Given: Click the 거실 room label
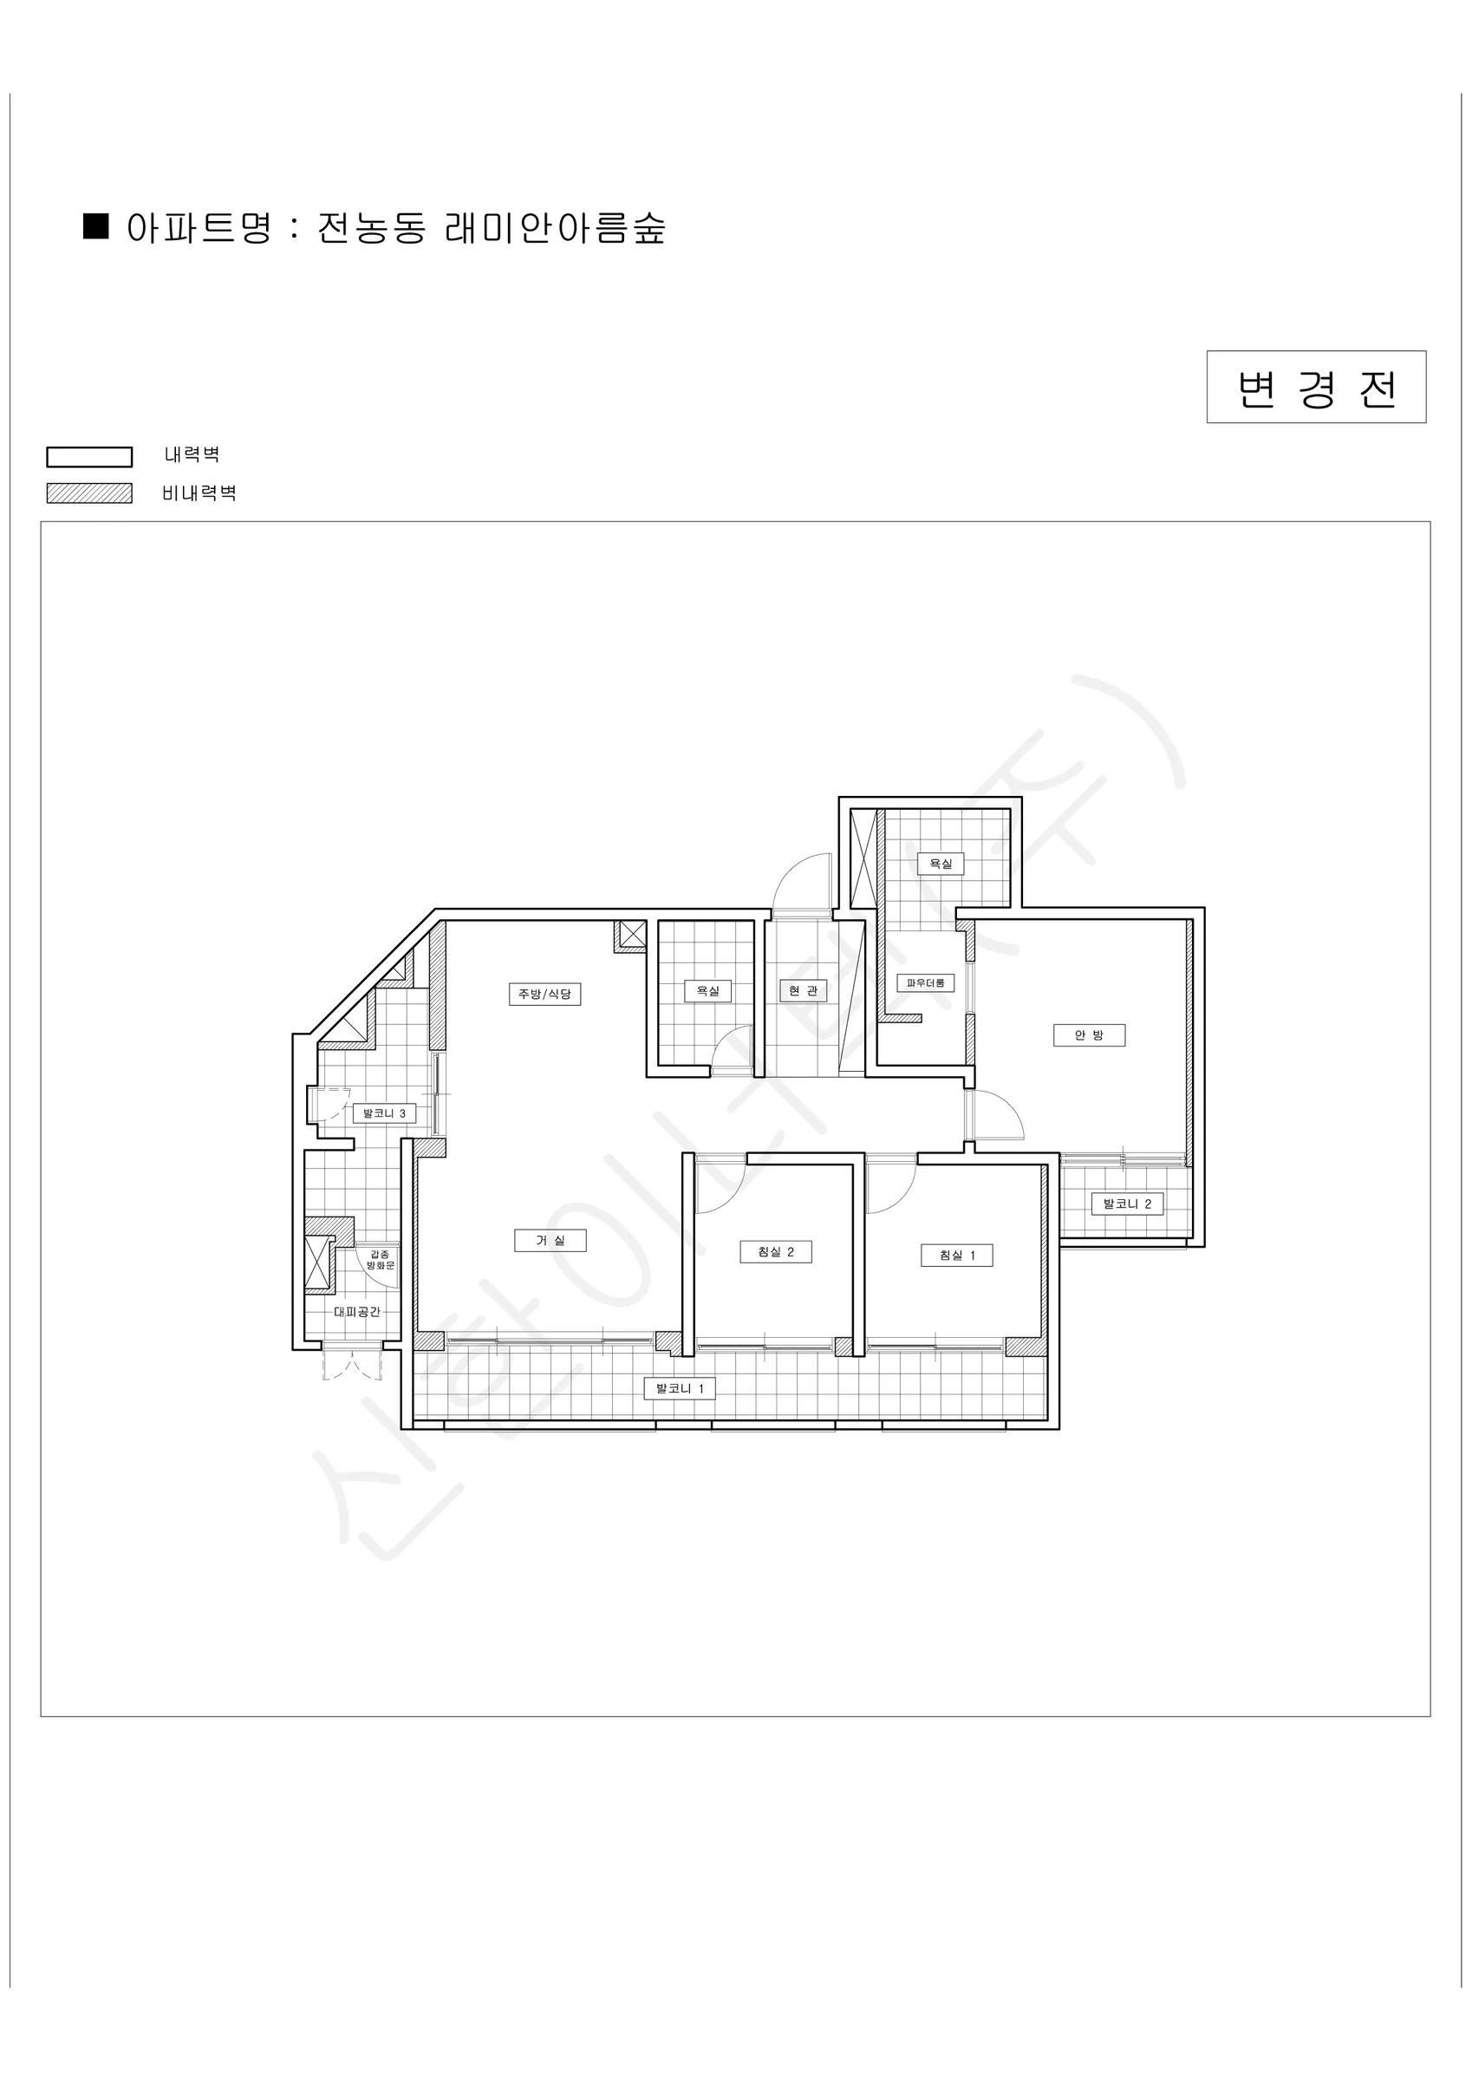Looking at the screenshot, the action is click(x=550, y=1240).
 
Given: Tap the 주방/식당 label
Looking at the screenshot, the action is click(x=544, y=994).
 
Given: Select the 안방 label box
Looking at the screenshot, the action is click(x=1089, y=1035).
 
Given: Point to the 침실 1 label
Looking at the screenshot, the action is click(x=956, y=1256).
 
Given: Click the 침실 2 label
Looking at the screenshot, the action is click(x=775, y=1252).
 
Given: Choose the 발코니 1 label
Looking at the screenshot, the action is click(x=680, y=1387).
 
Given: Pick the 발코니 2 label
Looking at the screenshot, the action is click(x=1127, y=1204).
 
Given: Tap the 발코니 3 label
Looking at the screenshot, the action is click(x=384, y=1113).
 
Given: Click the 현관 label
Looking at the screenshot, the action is click(x=803, y=991).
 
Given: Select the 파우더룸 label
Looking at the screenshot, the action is click(x=926, y=982).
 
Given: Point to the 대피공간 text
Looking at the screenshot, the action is click(x=356, y=1312).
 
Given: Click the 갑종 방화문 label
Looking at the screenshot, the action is click(x=381, y=1260).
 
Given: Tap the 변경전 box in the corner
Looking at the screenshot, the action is click(x=1316, y=387).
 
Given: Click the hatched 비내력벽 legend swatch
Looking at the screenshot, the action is click(x=90, y=493).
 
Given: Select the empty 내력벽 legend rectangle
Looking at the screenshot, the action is click(x=90, y=457).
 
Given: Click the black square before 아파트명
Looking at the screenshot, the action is click(x=96, y=225).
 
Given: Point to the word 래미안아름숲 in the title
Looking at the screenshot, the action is click(x=555, y=227).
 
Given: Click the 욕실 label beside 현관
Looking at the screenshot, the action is click(x=707, y=991).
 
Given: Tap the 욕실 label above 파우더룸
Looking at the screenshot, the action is click(x=941, y=864).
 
